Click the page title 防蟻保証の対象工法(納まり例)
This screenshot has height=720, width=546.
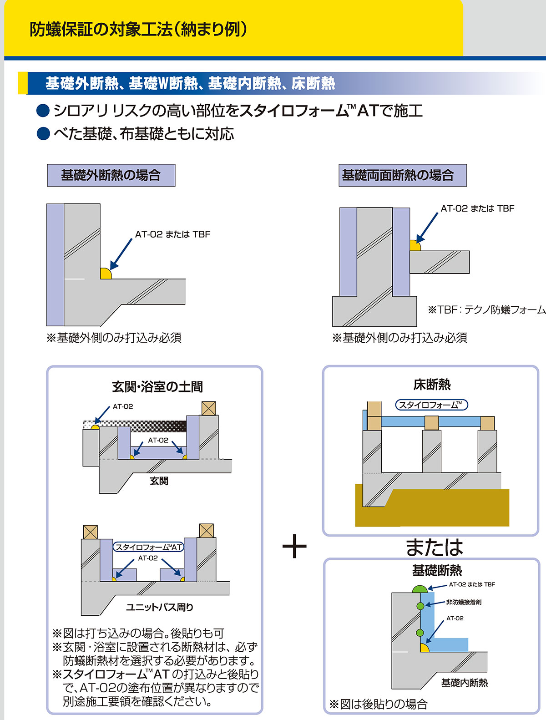point(138,30)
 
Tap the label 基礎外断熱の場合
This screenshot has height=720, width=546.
point(111,175)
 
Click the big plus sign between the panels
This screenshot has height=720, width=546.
point(294,546)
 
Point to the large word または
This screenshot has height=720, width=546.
point(434,547)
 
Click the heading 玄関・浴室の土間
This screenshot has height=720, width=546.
point(157,387)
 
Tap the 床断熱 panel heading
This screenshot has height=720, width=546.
point(432,385)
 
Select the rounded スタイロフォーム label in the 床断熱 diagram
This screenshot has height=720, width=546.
point(431,405)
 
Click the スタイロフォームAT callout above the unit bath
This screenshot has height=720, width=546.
point(148,547)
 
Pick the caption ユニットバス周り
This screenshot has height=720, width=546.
point(159,607)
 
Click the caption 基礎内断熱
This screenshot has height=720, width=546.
point(464,683)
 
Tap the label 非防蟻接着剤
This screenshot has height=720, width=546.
point(464,602)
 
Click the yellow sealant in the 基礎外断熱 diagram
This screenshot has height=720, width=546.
point(105,274)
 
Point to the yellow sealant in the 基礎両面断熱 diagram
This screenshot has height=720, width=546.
point(415,246)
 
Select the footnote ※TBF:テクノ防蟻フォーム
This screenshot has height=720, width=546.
point(486,310)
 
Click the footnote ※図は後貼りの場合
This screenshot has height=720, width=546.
point(379,704)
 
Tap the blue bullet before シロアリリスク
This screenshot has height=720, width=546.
point(43,111)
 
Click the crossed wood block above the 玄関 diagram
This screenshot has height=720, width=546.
point(208,408)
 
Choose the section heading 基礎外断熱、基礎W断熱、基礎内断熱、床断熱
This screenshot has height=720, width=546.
point(190,83)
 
